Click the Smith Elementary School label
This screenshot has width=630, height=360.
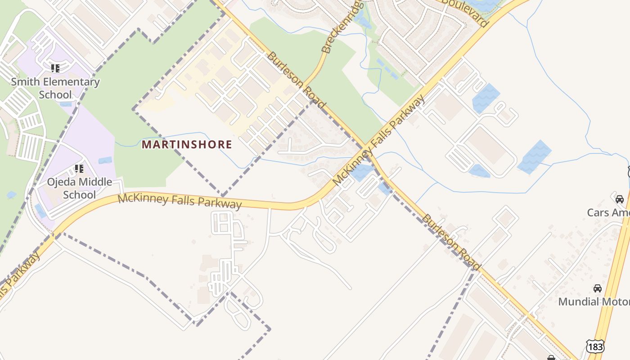(x=55, y=88)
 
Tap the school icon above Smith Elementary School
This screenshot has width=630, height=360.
(x=55, y=68)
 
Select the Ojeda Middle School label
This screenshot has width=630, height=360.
(x=80, y=188)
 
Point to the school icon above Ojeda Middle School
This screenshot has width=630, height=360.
(x=79, y=169)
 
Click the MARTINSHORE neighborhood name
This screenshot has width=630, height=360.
(x=187, y=144)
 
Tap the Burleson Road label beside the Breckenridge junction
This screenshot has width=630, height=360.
(x=296, y=80)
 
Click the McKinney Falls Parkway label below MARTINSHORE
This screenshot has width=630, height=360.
(x=180, y=201)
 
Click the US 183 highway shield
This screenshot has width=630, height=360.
(x=595, y=346)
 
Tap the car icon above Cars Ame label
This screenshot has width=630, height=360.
(x=620, y=199)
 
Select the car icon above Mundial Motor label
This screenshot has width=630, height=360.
(x=598, y=288)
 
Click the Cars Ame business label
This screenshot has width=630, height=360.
(x=608, y=212)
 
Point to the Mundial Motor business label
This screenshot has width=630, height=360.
(x=594, y=301)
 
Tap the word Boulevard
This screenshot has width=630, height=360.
(x=465, y=12)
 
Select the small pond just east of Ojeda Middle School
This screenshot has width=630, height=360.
(x=105, y=160)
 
